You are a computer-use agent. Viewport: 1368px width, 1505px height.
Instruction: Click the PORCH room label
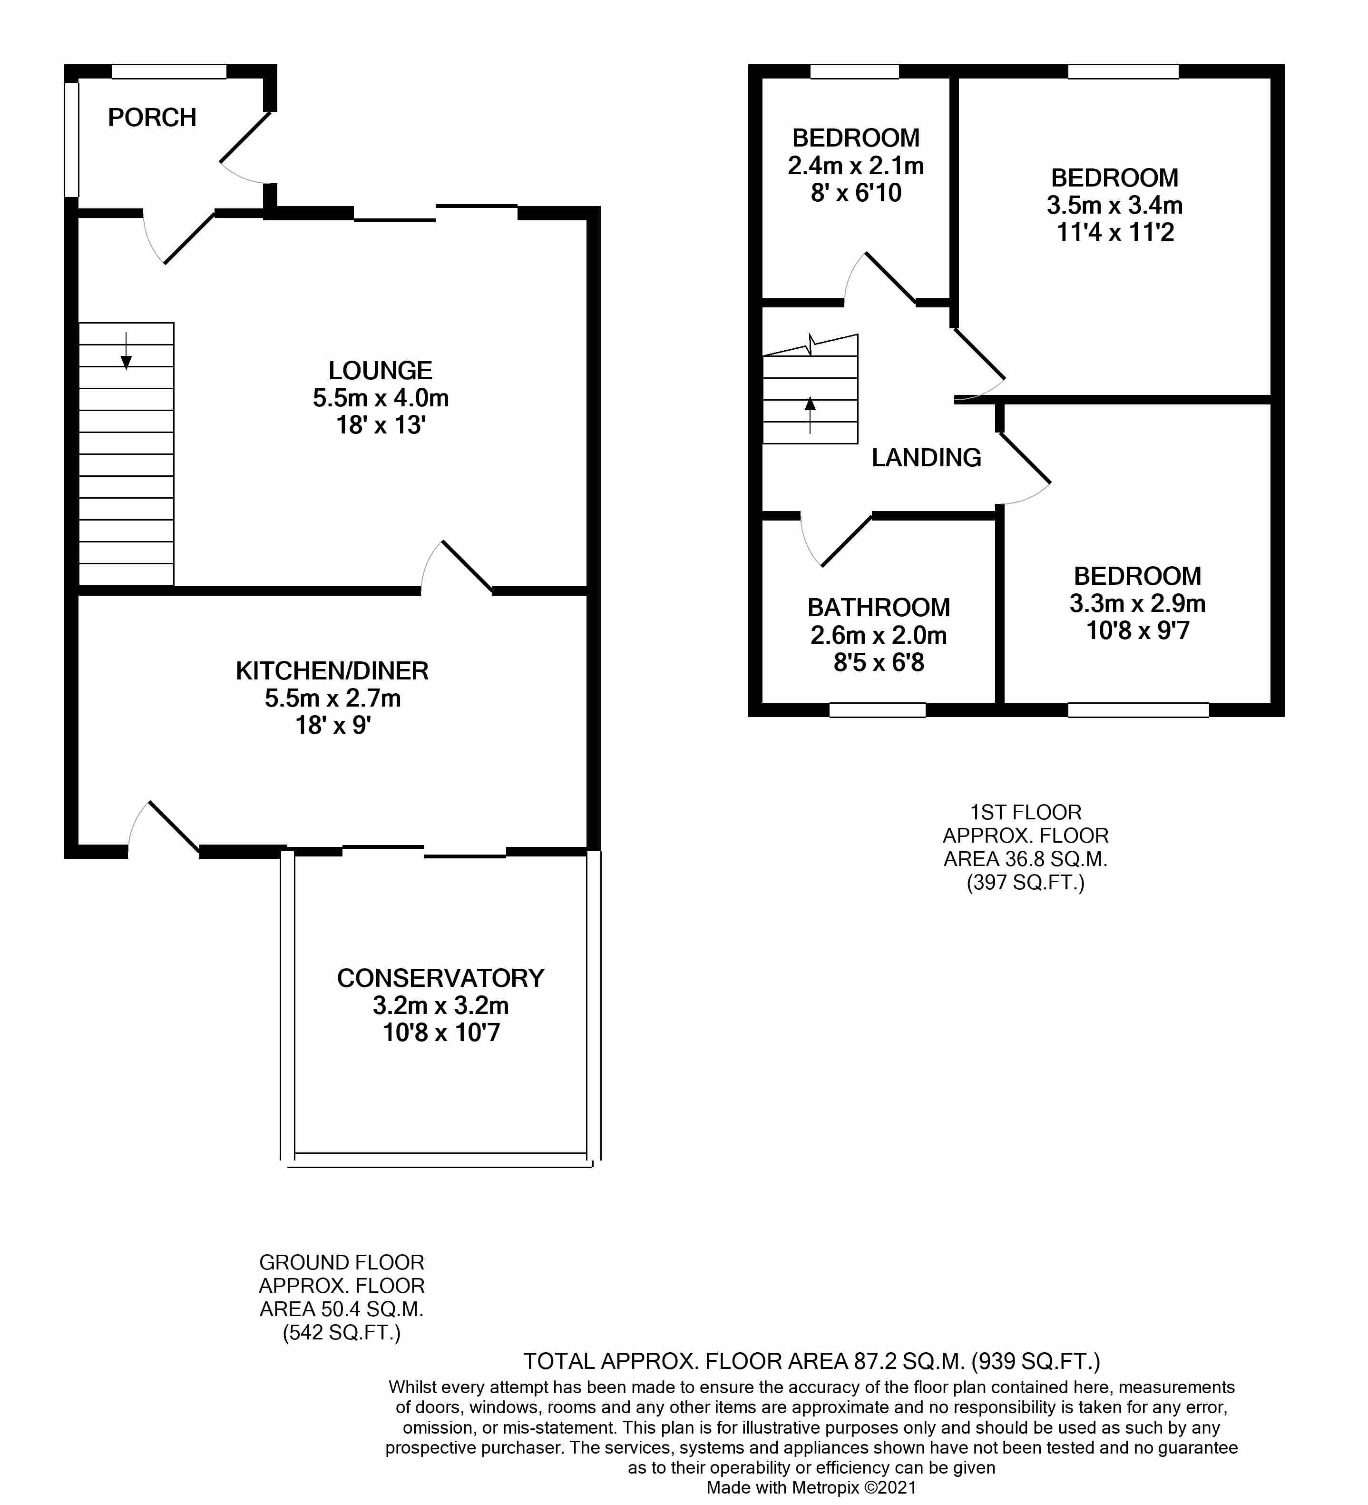152,118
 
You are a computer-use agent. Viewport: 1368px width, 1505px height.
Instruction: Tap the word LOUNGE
381,370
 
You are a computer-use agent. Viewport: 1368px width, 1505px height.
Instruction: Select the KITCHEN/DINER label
332,671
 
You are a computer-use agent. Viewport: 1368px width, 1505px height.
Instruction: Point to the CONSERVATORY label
440,978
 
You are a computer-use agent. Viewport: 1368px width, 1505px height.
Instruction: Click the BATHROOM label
879,608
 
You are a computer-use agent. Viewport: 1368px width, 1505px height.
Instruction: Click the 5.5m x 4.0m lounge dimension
381,398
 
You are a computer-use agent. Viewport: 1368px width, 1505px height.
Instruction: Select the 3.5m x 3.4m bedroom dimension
1114,205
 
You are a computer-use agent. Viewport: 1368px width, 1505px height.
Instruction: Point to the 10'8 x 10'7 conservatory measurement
441,1033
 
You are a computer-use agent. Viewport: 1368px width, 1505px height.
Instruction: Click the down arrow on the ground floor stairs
126,353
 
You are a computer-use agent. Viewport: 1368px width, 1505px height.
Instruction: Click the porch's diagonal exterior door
245,138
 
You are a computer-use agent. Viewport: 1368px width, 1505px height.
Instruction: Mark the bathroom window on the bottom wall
877,710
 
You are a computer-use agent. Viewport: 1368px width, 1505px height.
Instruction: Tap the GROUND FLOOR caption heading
342,1262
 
